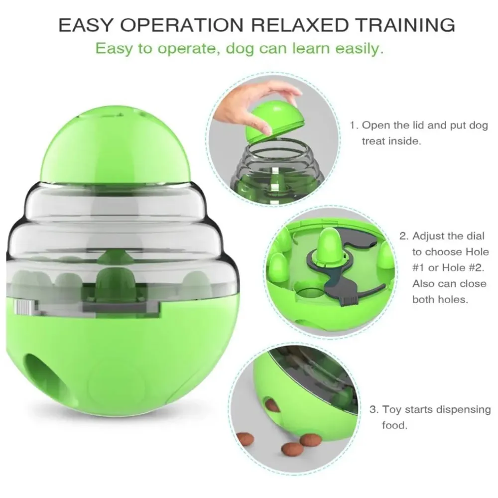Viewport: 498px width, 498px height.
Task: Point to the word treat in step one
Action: coord(373,141)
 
